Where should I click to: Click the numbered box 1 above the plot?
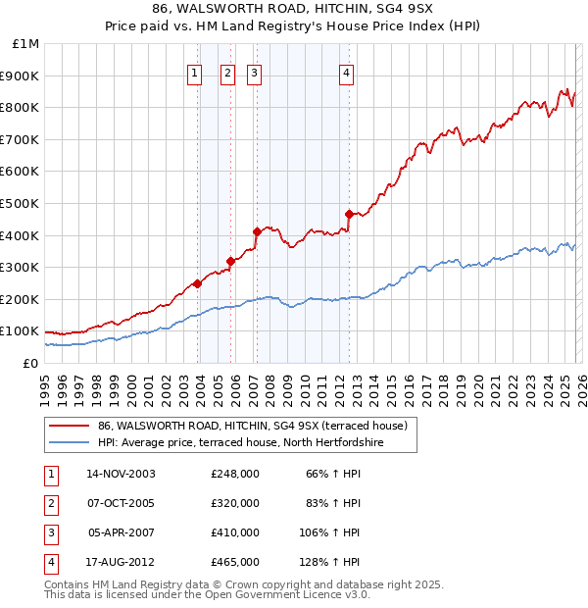pos(194,72)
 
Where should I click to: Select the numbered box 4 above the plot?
pos(347,72)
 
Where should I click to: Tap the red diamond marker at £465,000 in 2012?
pos(349,214)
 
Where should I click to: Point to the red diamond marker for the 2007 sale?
pos(257,232)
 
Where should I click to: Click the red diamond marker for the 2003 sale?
pos(198,283)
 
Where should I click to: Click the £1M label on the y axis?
pos(26,44)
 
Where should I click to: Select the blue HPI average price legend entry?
pos(240,443)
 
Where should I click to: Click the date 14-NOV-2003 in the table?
pos(122,474)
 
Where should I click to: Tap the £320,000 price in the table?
pos(235,503)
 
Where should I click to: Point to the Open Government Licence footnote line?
pos(208,594)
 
